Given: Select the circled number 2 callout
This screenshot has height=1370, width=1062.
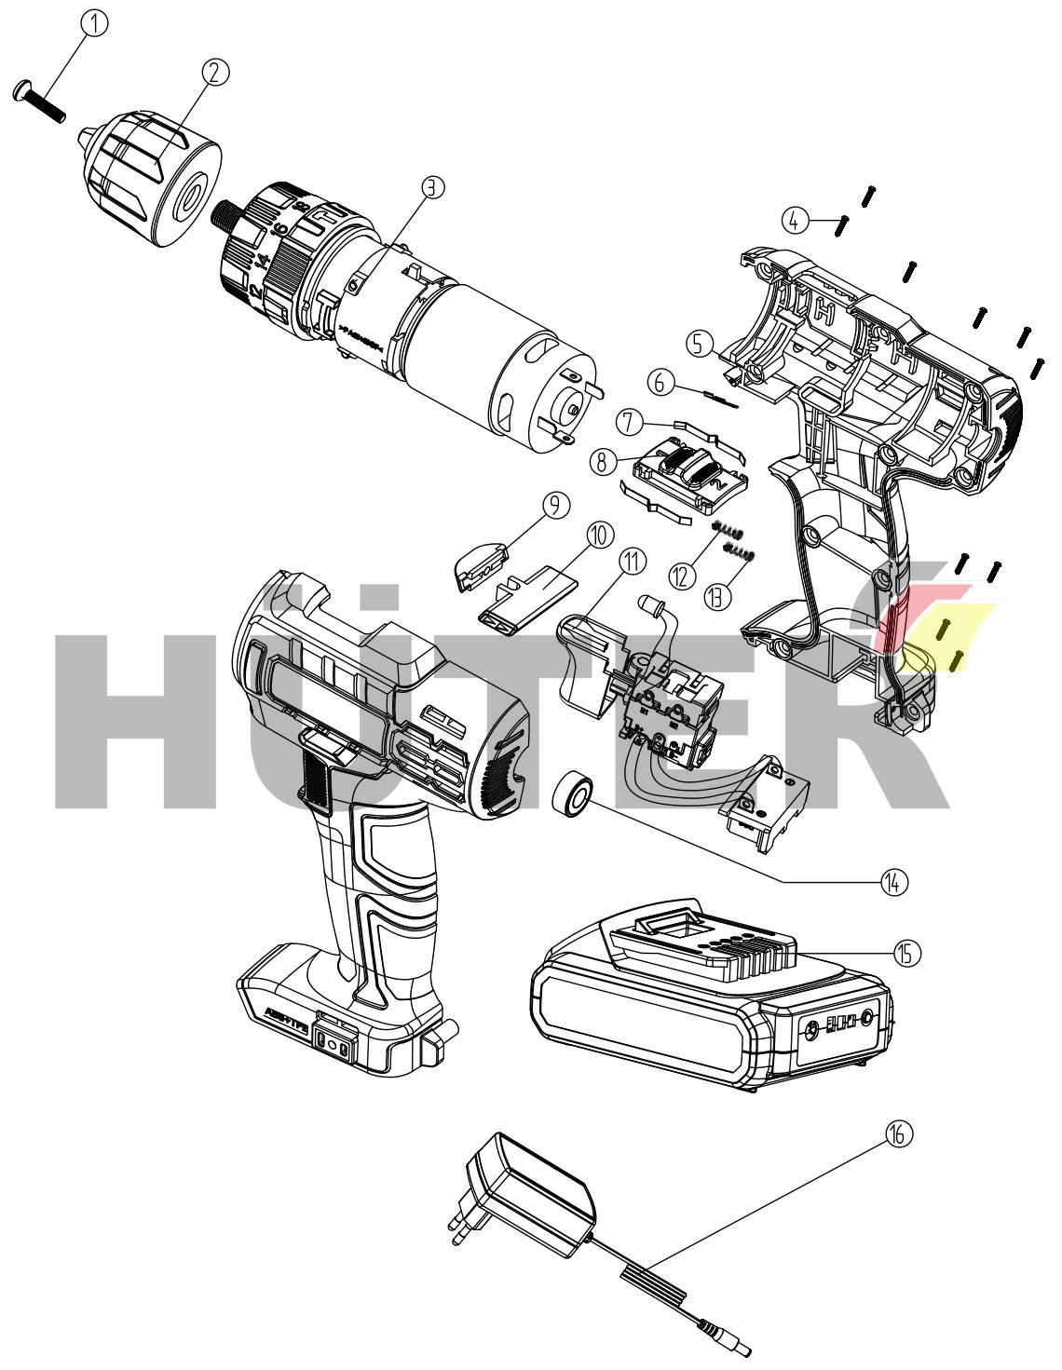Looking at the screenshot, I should click(215, 72).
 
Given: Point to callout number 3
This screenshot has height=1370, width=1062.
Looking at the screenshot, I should click(431, 187).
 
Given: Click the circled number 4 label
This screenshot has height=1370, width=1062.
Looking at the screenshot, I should click(794, 221).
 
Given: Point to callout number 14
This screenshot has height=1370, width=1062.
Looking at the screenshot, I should click(894, 881).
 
